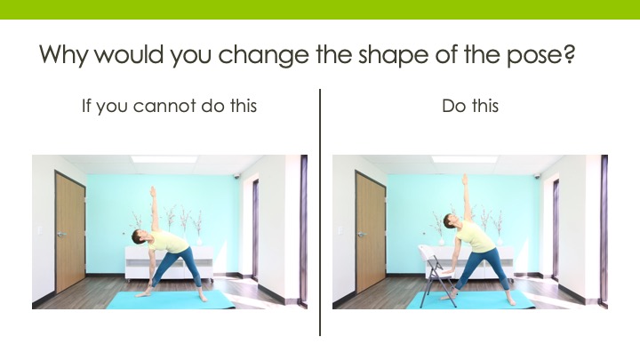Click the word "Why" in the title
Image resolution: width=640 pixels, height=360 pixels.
coord(63,54)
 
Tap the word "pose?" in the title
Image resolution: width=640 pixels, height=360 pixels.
coord(540,55)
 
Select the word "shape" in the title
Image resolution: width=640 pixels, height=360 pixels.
coord(393,55)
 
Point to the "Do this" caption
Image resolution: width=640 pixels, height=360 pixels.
coord(470,106)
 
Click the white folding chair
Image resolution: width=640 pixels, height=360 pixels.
coord(436,275)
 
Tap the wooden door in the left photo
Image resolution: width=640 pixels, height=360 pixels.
coord(70,233)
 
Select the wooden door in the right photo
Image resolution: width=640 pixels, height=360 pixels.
coord(371,233)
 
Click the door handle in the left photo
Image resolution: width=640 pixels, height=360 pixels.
coord(61,235)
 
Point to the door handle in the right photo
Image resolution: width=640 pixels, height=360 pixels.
coord(362,235)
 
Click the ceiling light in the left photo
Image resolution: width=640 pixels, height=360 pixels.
coord(164,159)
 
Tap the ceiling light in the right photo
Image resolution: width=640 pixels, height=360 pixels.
coord(464,159)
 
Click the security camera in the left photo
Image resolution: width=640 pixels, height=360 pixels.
coord(236,176)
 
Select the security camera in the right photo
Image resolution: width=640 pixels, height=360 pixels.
coord(537,176)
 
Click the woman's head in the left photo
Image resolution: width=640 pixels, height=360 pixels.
coord(138,236)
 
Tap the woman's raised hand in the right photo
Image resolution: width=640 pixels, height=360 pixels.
coord(465,180)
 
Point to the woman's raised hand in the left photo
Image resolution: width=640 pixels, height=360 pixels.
coord(153,191)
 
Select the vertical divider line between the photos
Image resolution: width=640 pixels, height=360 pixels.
coord(320,212)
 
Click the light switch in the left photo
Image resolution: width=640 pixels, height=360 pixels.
coord(40,230)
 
